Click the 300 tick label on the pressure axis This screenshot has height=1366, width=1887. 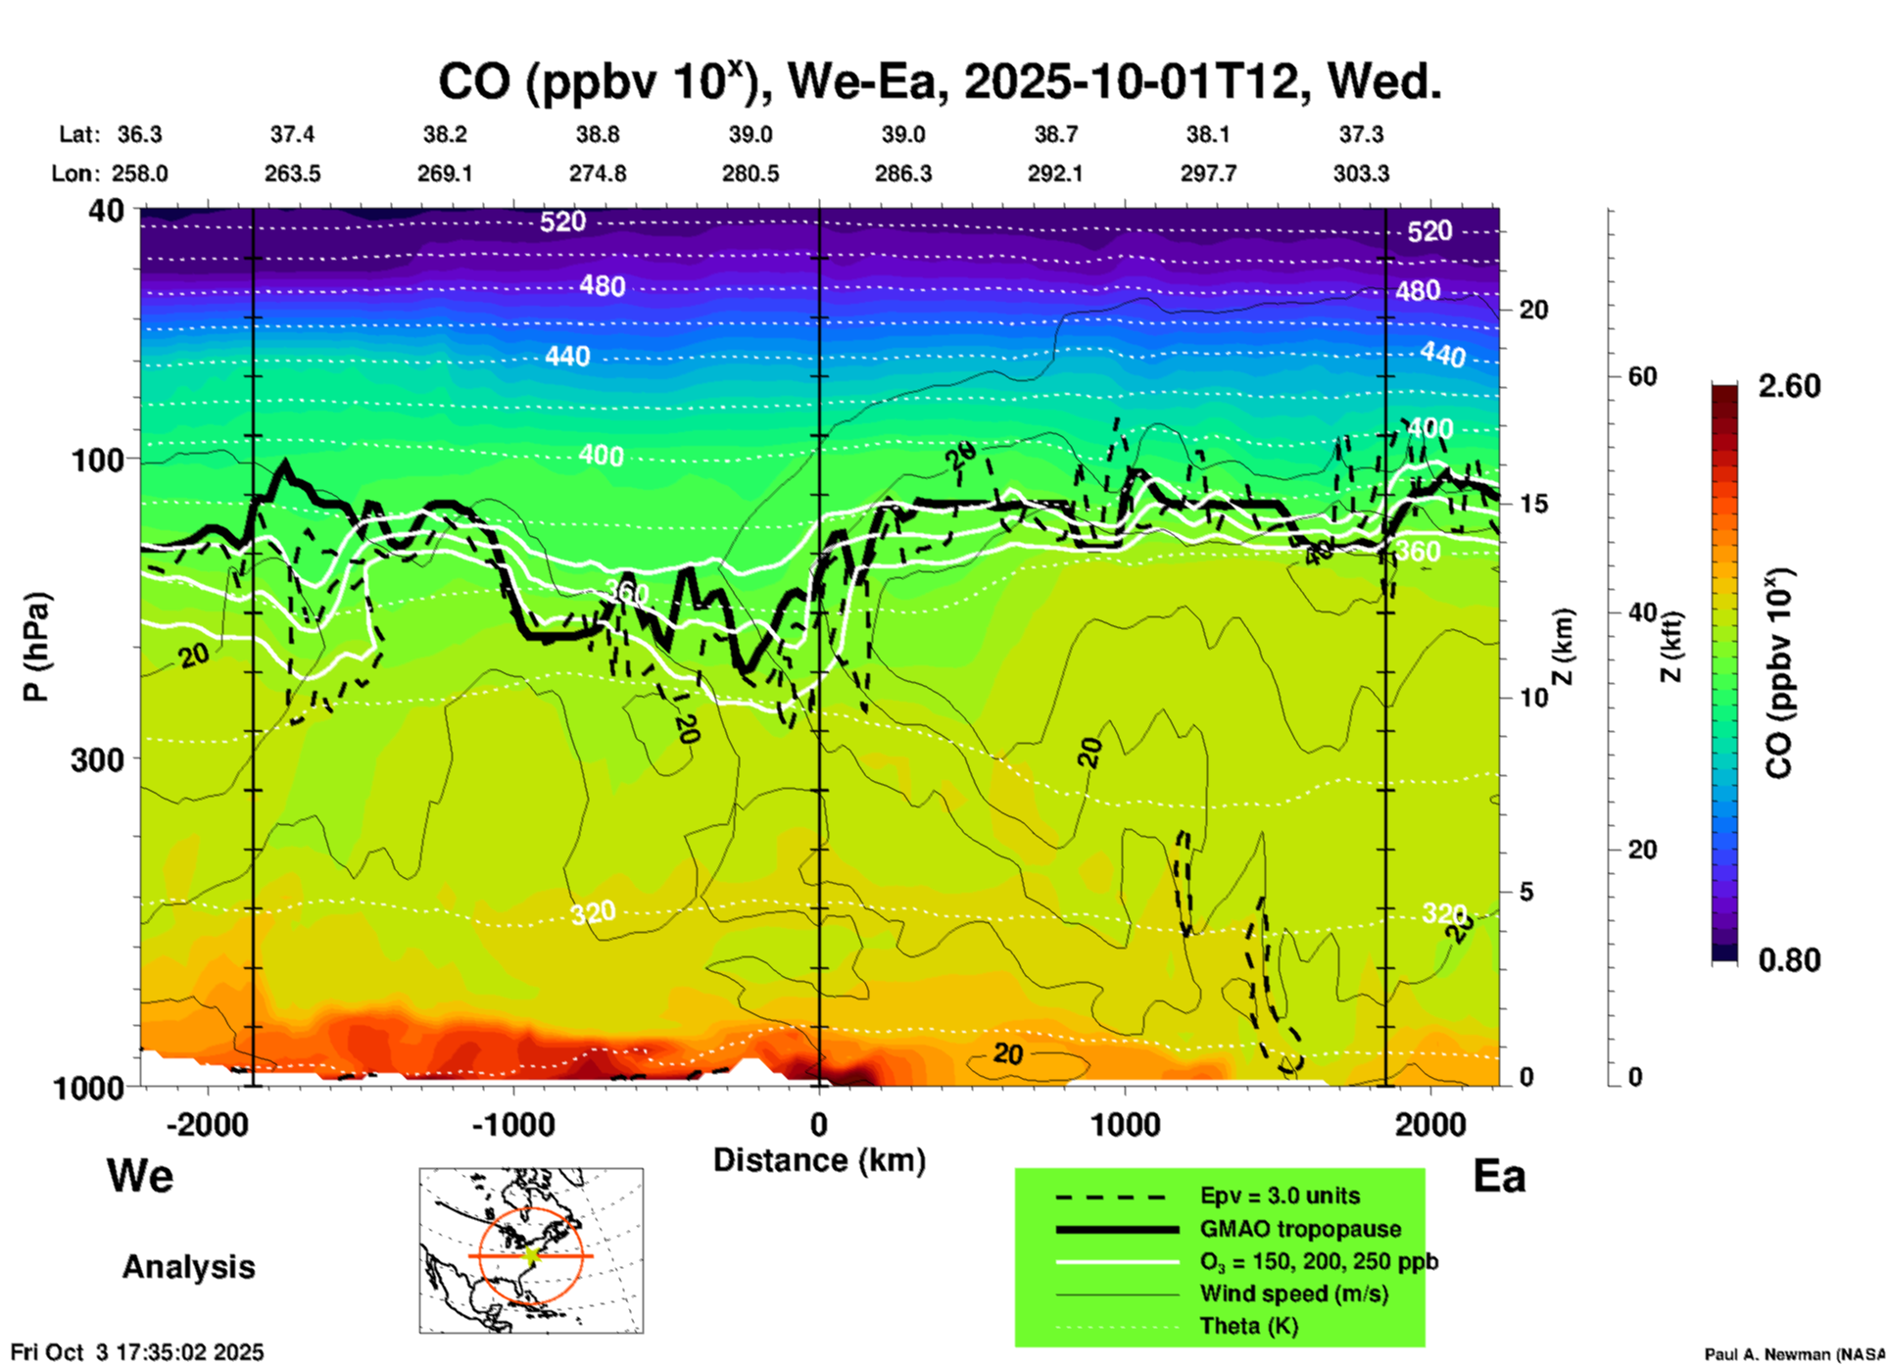(97, 759)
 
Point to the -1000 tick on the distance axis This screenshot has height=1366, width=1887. (513, 1124)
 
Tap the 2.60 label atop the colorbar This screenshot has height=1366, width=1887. (1789, 386)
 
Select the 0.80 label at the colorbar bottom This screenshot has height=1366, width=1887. (1789, 959)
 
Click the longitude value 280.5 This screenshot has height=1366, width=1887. (750, 173)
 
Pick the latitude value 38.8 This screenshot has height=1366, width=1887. (597, 134)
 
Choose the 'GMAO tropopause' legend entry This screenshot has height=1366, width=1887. (1300, 1229)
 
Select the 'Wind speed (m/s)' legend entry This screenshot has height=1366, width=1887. (1293, 1293)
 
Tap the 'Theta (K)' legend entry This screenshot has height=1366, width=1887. (1248, 1326)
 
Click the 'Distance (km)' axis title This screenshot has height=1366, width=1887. (819, 1160)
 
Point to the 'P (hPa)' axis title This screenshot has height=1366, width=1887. (36, 647)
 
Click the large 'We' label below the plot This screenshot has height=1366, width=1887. (140, 1175)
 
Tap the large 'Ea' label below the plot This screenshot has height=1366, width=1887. (1499, 1176)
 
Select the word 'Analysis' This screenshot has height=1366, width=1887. (188, 1267)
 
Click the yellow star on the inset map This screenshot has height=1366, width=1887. (531, 1255)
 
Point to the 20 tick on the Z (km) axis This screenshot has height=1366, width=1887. (1533, 310)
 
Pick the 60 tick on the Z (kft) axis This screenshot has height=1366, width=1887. (1642, 376)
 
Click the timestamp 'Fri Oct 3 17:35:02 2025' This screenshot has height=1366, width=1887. (138, 1352)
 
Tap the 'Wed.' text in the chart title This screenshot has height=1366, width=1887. (1384, 81)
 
